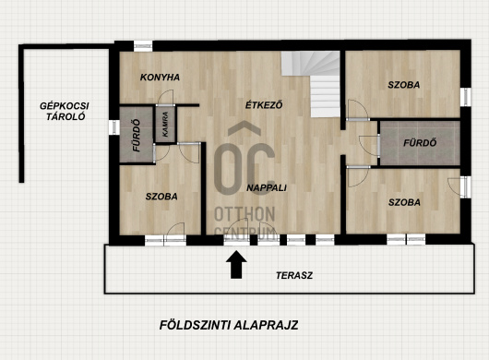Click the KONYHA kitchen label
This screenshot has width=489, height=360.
pos(160,77)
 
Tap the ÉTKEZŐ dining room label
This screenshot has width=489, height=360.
pos(264,104)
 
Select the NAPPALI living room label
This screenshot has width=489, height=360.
pos(267,187)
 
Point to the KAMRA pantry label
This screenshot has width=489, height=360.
pos(165,125)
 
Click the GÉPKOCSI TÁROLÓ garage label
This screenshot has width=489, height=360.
pos(65,111)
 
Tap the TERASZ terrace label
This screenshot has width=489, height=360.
pos(294,275)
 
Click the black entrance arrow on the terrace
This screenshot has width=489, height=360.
pos(236,264)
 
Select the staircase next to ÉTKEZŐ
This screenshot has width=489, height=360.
pos(311,84)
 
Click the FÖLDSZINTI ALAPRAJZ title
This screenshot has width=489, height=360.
pos(229,325)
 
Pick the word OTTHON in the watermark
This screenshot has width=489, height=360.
pos(244,214)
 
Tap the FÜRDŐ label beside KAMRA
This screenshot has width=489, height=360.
pos(137,136)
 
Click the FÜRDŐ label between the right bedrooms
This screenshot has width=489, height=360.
pos(420,143)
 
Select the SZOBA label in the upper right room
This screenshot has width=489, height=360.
pos(403,85)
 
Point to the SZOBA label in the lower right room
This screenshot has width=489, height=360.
pos(404,202)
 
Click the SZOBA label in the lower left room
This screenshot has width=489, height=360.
pos(161,197)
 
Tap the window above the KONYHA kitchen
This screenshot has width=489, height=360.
pos(143,46)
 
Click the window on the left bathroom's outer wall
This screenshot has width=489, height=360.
pos(113,127)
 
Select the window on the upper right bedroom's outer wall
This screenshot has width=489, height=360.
pos(466,97)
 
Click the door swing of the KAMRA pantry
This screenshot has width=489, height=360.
pos(165,97)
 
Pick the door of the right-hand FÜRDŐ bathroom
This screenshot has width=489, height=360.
pos(369,145)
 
